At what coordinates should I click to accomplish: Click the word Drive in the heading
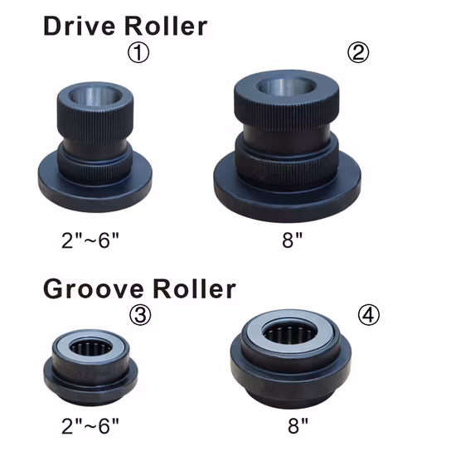coord(79,27)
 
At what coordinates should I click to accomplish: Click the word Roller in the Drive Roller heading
coord(166,27)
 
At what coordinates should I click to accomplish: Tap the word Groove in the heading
coord(94,289)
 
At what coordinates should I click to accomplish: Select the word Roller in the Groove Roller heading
coord(194,289)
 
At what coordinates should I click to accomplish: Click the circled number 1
coord(138,52)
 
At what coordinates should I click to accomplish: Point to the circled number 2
coord(358,52)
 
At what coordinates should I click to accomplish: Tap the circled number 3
coord(140,315)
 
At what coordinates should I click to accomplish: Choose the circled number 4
coord(368,315)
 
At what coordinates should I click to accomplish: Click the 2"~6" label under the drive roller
coord(90,240)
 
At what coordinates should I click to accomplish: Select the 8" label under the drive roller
coord(293,240)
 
